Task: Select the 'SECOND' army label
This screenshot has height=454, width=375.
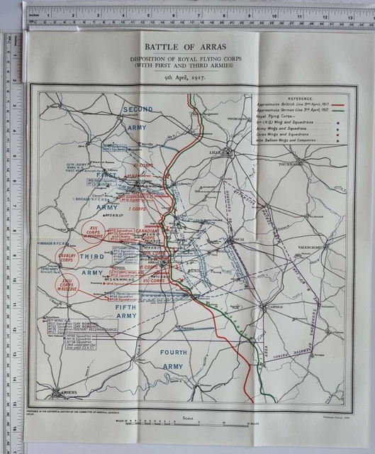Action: [138, 109]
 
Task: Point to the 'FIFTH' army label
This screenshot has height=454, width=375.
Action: [128, 308]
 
